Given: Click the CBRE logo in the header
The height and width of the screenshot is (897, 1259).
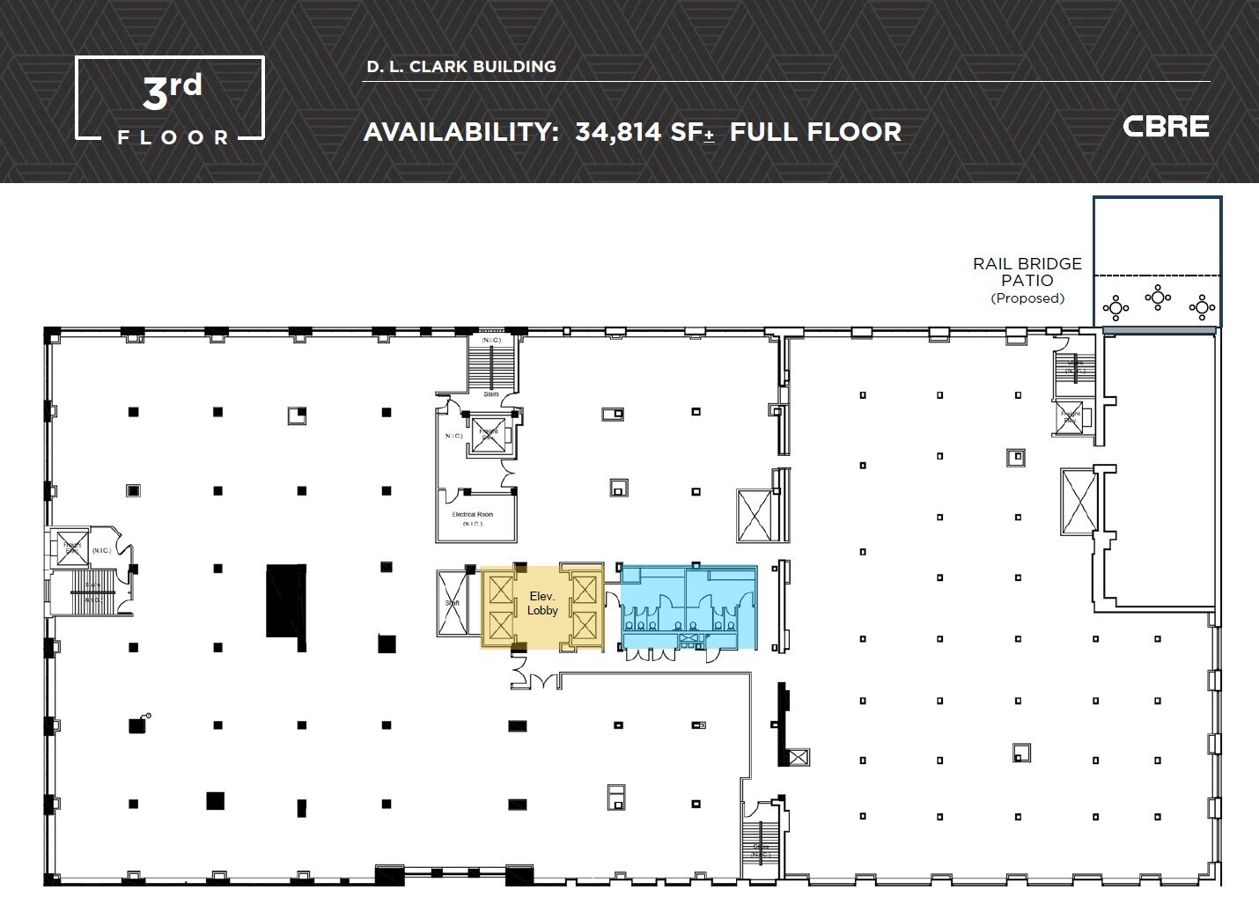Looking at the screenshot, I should click(1166, 127).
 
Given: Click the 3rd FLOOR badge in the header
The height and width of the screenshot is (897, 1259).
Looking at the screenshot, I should click(170, 98).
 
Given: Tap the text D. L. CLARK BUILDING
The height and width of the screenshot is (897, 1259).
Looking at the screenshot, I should click(461, 67).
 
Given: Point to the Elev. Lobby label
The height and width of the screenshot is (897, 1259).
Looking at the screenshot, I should click(542, 603).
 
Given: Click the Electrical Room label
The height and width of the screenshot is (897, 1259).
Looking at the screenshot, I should click(473, 515).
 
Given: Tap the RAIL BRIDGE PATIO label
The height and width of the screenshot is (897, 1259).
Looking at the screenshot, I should click(1027, 272).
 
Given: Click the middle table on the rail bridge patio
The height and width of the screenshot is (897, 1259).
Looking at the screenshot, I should click(1157, 297).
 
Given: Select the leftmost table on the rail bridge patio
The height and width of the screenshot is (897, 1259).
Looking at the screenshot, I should click(1115, 307).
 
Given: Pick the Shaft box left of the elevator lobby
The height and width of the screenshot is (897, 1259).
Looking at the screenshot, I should click(453, 603).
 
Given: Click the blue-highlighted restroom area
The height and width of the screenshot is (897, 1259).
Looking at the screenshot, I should click(688, 607).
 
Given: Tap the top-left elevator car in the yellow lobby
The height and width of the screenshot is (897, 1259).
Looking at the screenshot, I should click(499, 588).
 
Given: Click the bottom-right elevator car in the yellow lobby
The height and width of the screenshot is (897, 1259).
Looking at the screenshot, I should click(584, 626).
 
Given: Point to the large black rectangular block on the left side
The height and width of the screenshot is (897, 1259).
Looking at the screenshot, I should click(286, 601).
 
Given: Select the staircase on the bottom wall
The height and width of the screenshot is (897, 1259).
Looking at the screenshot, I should click(758, 842).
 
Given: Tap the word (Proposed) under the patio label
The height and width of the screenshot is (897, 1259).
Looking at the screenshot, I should click(1027, 298).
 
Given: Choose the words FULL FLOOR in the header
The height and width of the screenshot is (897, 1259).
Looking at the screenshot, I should click(815, 132).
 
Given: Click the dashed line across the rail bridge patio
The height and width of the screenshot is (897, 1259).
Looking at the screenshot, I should click(1157, 276).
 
